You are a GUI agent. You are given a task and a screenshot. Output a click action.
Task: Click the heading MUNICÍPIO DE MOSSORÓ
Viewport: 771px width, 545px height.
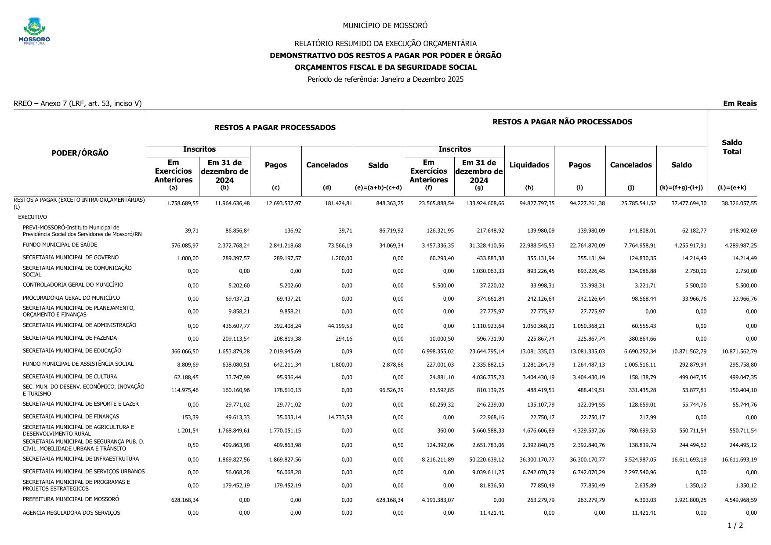click(385, 25)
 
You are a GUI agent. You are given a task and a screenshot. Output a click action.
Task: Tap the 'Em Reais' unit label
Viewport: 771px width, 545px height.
click(740, 104)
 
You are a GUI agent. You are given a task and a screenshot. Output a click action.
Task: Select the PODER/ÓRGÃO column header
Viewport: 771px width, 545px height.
click(80, 153)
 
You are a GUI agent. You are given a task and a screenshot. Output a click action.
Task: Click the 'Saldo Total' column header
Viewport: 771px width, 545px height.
click(731, 147)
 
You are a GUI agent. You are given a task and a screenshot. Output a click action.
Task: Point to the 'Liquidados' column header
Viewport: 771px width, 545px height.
click(529, 165)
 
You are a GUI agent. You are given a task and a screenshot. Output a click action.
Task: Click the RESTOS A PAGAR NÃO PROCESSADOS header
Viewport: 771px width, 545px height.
click(562, 122)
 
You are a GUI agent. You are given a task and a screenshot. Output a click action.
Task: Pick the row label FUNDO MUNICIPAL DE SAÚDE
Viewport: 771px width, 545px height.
click(60, 245)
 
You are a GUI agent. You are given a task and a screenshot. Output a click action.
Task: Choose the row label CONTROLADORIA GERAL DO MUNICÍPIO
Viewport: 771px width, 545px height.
click(73, 285)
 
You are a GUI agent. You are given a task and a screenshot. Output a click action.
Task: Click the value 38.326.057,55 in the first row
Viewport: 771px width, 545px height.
click(739, 203)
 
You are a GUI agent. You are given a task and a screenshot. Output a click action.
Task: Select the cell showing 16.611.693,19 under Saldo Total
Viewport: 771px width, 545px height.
click(739, 460)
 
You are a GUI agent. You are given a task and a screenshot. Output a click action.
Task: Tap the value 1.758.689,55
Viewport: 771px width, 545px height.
click(182, 203)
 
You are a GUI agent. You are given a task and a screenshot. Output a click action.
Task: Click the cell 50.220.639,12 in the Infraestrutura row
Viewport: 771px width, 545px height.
click(486, 460)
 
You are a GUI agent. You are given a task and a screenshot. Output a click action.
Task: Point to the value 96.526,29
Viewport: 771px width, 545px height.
click(387, 390)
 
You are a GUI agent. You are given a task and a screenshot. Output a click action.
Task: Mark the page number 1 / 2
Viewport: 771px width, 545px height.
click(735, 526)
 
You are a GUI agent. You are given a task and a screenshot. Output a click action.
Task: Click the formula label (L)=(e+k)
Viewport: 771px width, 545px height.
click(732, 188)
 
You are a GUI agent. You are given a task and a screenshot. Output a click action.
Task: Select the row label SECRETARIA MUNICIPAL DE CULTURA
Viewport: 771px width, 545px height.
click(70, 377)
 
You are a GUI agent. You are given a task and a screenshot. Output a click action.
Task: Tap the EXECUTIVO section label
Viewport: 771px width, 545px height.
click(33, 217)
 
